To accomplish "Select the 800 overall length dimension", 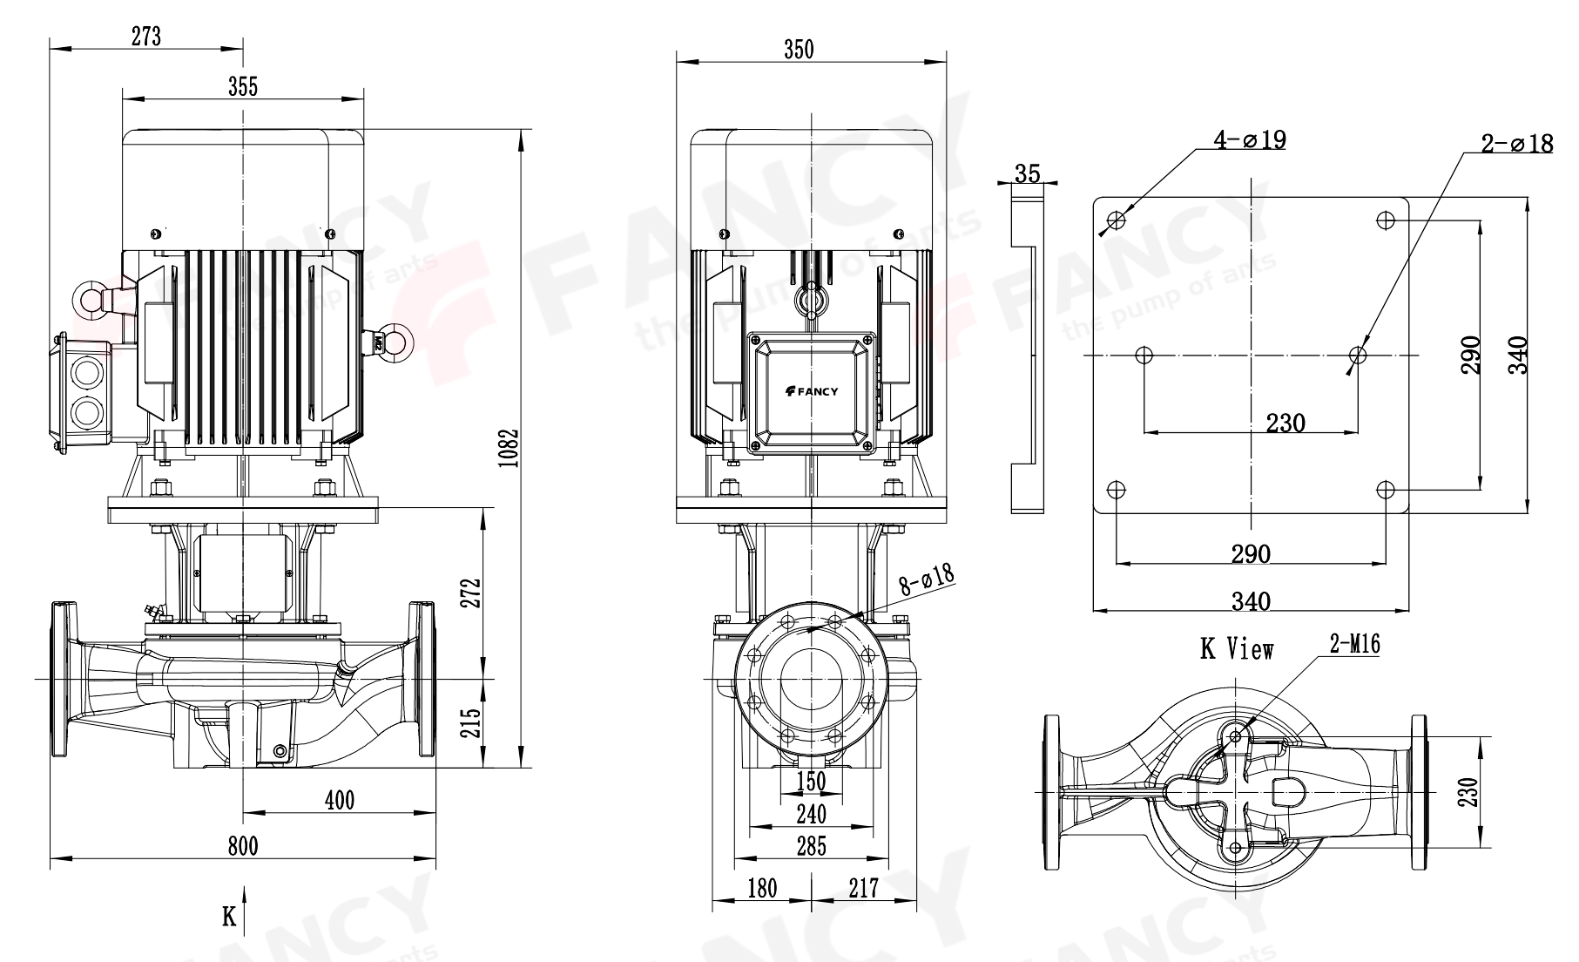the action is point(242,845).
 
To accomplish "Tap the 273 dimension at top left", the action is point(146,36).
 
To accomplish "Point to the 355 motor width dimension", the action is point(243,86).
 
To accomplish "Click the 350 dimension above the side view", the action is point(799,50).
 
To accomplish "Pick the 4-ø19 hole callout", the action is point(1250,139).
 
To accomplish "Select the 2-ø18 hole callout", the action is point(1517,144).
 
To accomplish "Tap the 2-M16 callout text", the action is point(1354,644).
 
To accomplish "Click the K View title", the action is point(1237,649).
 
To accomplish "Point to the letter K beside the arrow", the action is point(229,917).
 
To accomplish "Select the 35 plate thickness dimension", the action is point(1028,173).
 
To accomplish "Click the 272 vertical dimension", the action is point(470,595).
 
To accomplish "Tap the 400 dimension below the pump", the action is point(339,799).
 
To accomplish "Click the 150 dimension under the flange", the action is point(811,781).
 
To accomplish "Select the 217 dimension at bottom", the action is point(862,888).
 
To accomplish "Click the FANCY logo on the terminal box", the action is point(811,391).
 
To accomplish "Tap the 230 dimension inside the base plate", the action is point(1285,423).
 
